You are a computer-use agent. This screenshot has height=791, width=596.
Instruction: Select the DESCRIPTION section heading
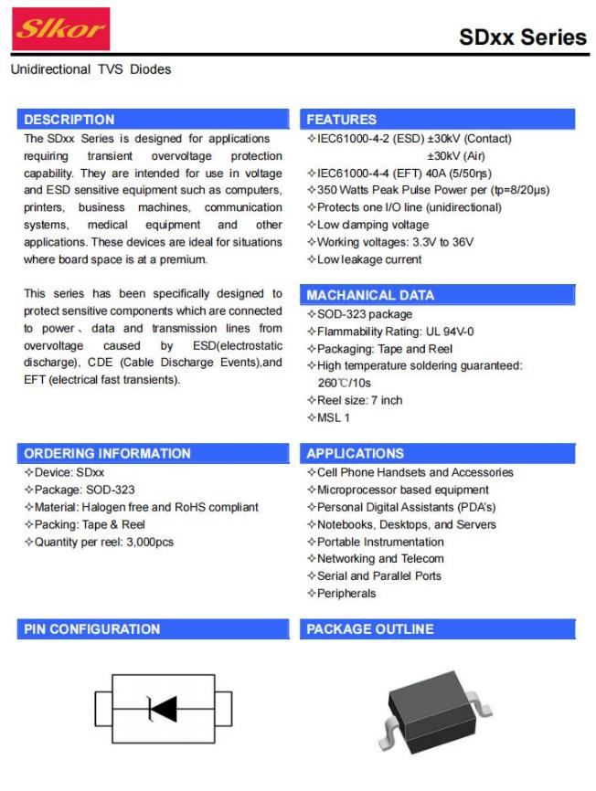tap(69, 120)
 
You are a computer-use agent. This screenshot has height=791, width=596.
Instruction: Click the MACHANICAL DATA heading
tap(370, 295)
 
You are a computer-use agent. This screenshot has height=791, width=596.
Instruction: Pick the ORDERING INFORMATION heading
tap(108, 453)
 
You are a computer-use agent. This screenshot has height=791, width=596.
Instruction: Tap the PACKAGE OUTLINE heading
tap(370, 628)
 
